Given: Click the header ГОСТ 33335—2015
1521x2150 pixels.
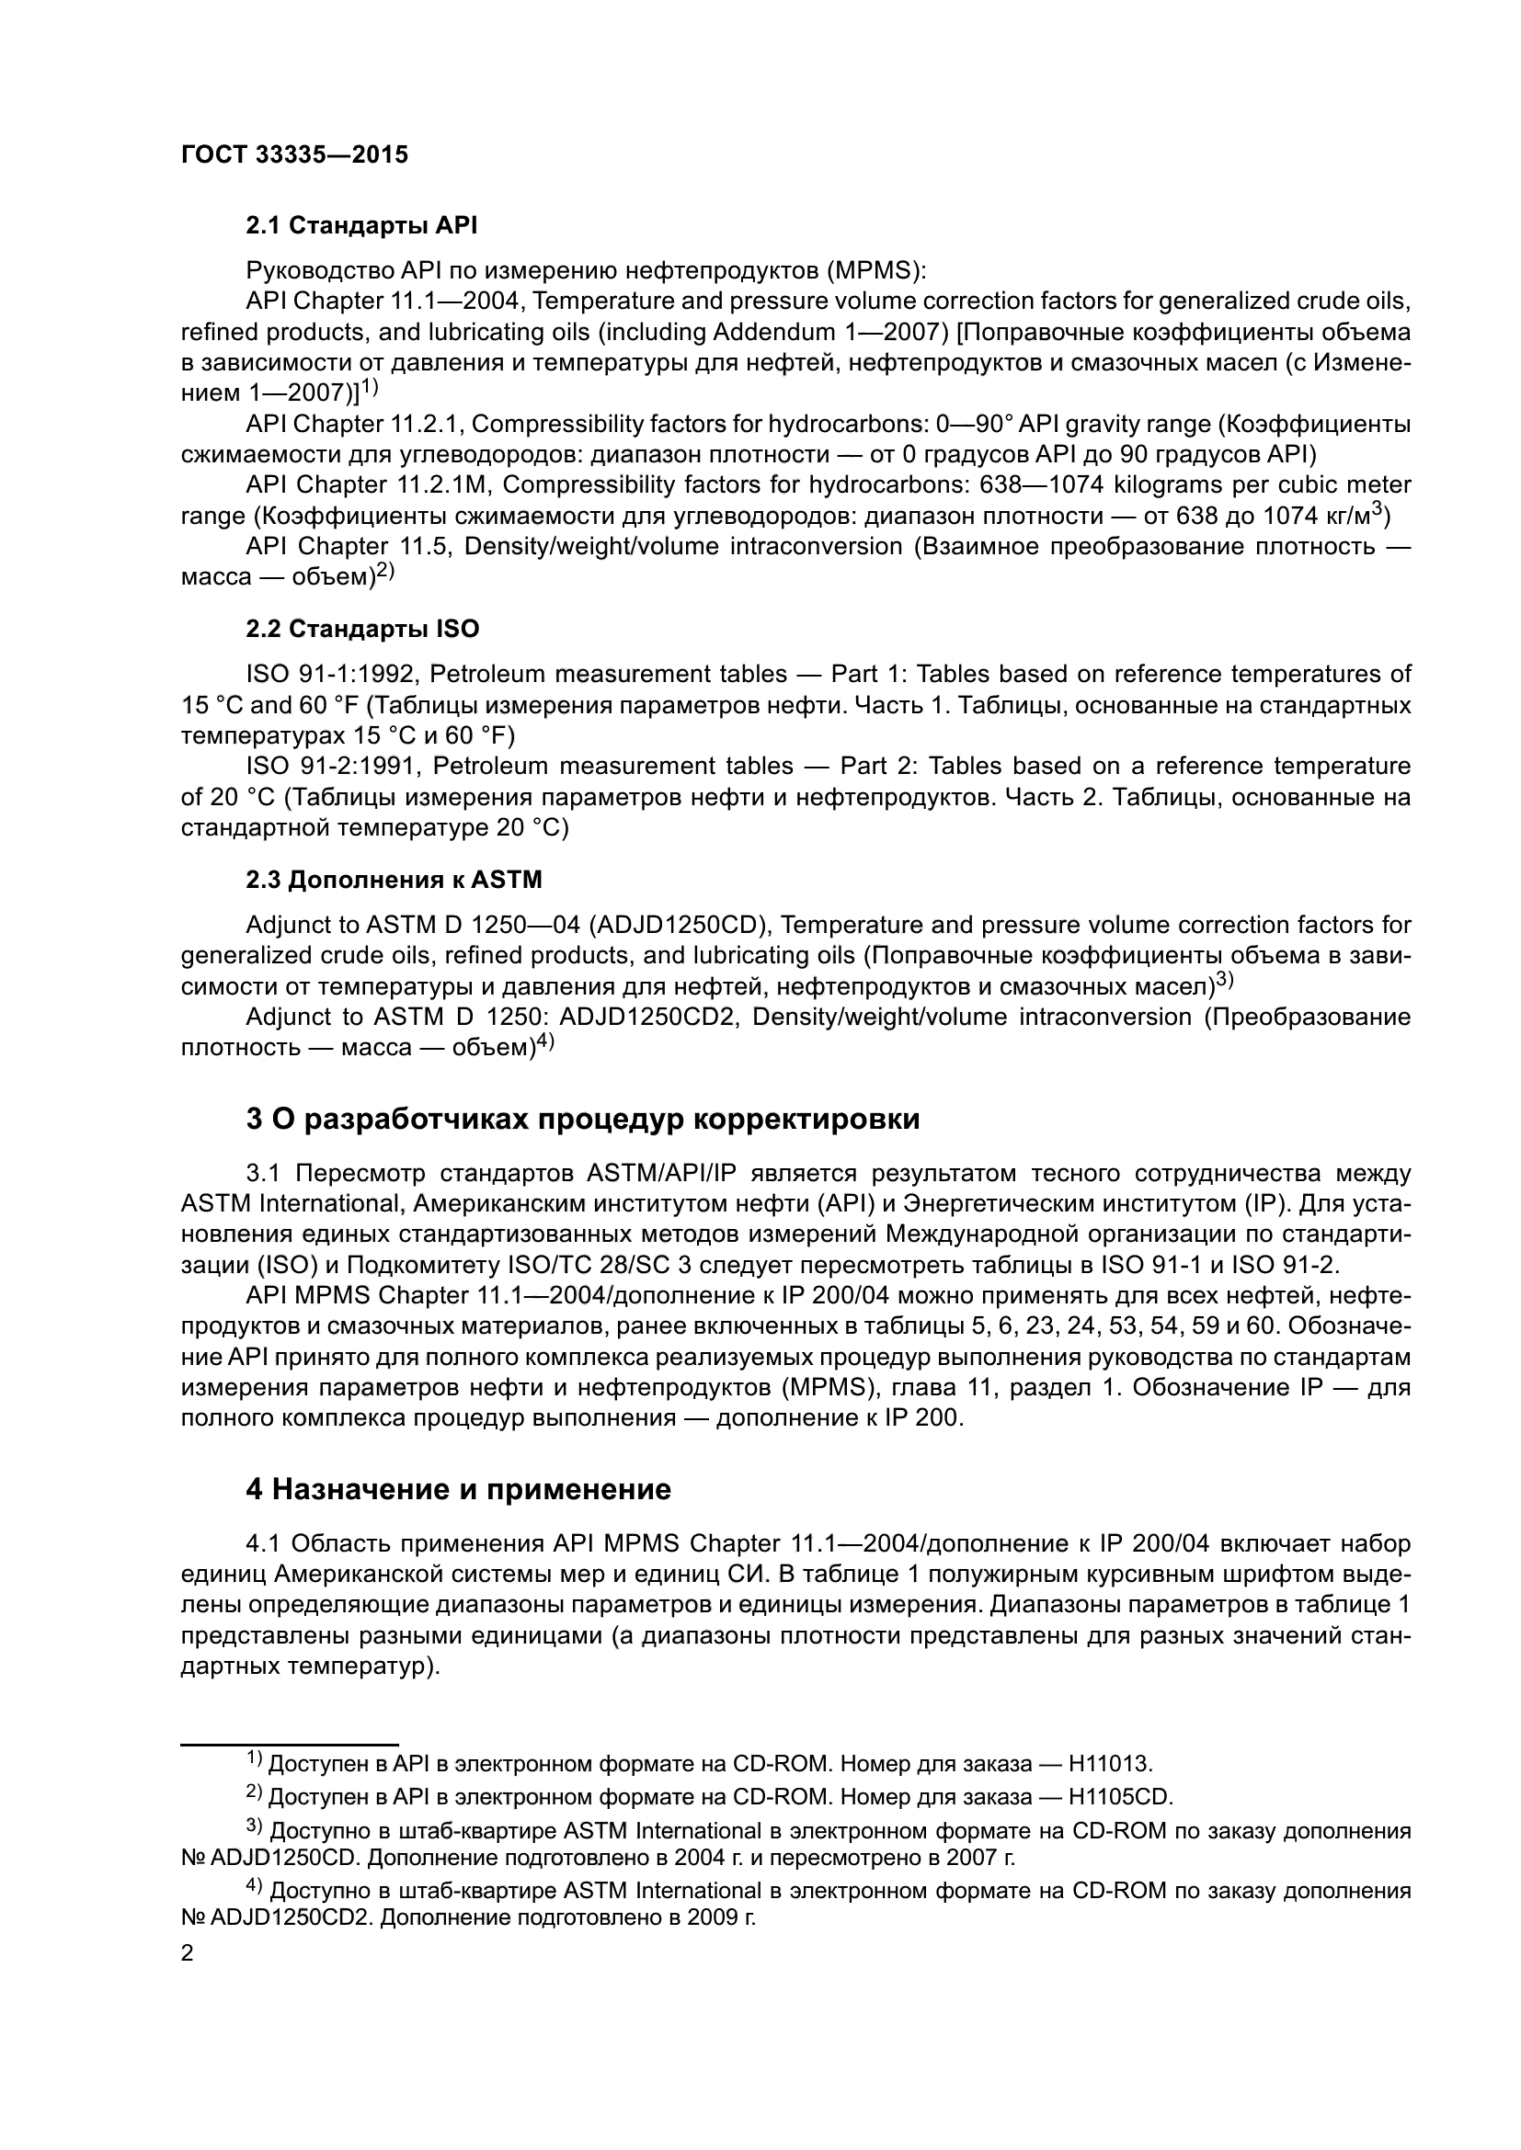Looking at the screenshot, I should click(294, 154).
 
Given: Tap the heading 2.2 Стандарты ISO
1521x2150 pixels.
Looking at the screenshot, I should click(362, 629).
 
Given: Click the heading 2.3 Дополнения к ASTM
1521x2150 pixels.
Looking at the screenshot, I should click(394, 880).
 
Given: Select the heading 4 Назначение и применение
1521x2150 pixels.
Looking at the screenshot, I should click(458, 1489).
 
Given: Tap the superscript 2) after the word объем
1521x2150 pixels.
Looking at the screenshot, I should click(386, 571).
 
